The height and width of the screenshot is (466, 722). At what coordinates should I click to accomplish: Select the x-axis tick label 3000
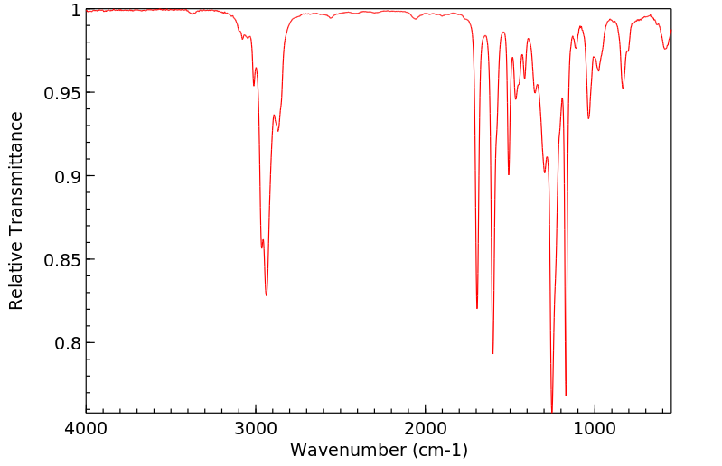[x=256, y=429]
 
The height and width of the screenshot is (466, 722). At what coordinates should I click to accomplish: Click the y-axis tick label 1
[x=75, y=10]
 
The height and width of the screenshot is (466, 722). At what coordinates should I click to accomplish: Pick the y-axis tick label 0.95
[x=63, y=93]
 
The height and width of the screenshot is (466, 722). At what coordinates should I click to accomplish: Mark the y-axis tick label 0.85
[x=63, y=260]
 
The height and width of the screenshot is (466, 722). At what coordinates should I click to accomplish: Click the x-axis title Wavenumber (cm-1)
[x=379, y=450]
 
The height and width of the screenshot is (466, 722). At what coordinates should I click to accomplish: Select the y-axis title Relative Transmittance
[x=16, y=210]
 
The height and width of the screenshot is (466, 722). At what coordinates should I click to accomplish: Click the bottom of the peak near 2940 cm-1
[x=266, y=295]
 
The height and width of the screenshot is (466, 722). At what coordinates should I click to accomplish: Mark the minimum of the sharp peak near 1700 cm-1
[x=477, y=308]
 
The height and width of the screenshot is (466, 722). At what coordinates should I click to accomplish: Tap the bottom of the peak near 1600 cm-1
[x=492, y=353]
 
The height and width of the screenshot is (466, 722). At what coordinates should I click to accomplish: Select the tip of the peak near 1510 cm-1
[x=509, y=174]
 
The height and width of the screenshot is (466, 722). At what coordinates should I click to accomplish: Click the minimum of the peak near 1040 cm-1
[x=588, y=118]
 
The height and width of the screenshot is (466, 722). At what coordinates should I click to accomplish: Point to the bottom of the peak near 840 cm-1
[x=623, y=89]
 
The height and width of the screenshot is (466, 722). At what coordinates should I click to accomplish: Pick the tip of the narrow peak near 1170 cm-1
[x=566, y=396]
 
